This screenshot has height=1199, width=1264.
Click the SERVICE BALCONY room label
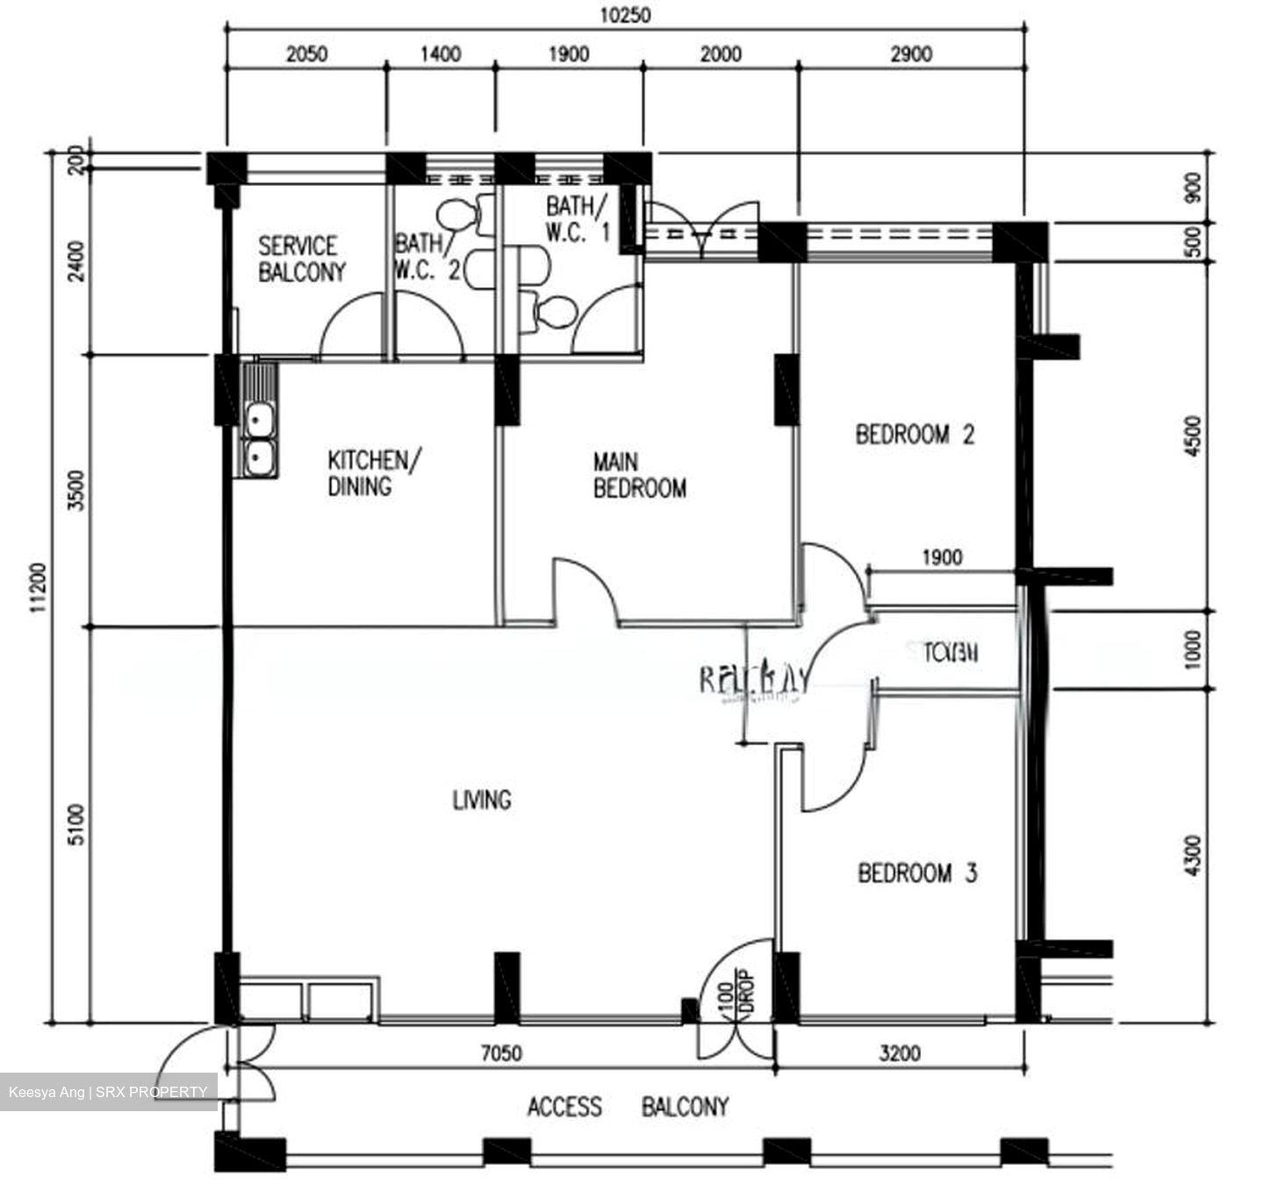(301, 259)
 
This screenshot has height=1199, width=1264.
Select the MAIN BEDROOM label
(639, 475)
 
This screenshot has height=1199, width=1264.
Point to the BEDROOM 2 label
(915, 434)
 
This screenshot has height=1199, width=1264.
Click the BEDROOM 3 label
(917, 873)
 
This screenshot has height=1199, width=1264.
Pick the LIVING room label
(481, 800)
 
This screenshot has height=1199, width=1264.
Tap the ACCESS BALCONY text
(628, 1107)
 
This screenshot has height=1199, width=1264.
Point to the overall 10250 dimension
(625, 15)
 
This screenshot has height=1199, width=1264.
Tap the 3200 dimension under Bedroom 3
(900, 1052)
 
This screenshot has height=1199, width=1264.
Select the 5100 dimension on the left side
(78, 824)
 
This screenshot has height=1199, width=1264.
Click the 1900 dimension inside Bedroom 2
(941, 557)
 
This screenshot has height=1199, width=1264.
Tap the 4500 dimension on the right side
(1192, 435)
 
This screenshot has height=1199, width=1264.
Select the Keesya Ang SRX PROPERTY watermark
(108, 1092)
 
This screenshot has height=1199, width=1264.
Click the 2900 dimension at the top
(910, 54)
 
